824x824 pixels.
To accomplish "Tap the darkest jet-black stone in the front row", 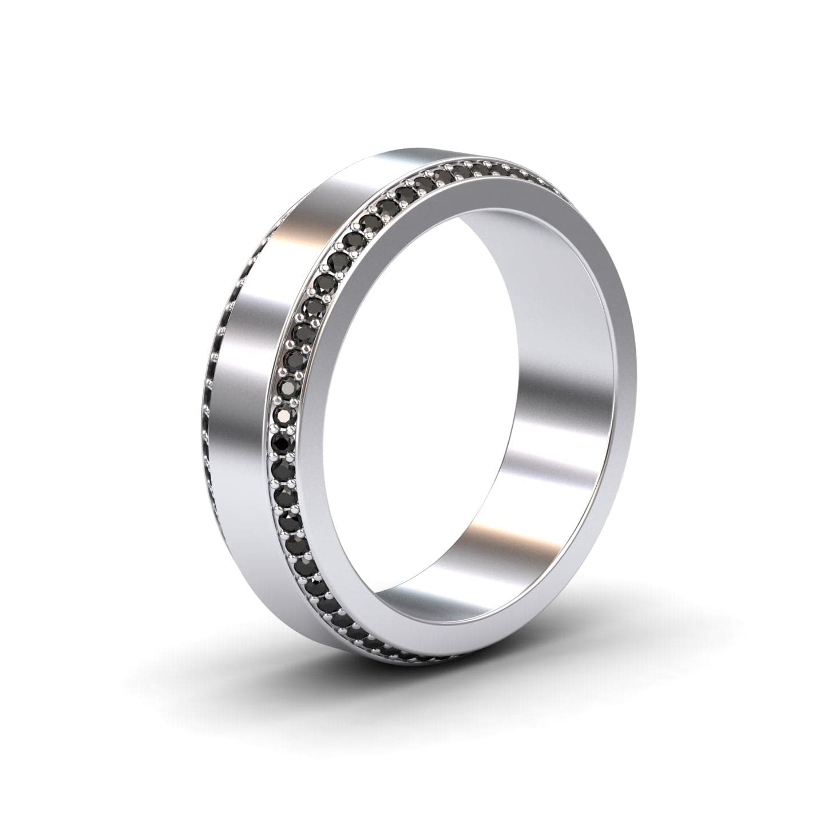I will pyautogui.click(x=281, y=441).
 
